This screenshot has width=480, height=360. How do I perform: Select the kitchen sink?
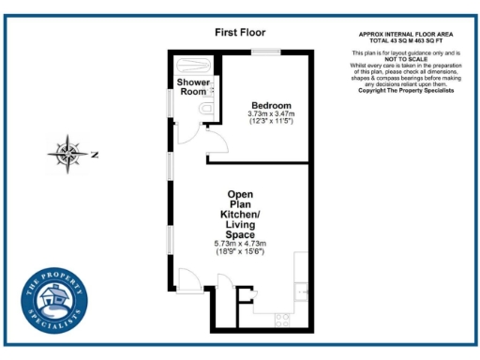coord(302,292)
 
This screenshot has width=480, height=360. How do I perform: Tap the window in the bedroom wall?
coord(268,51)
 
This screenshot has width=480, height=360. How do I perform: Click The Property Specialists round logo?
coord(54,304)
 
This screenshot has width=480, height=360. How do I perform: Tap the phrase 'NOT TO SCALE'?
coord(407,59)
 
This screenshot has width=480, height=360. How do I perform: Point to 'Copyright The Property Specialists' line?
coord(407,90)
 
